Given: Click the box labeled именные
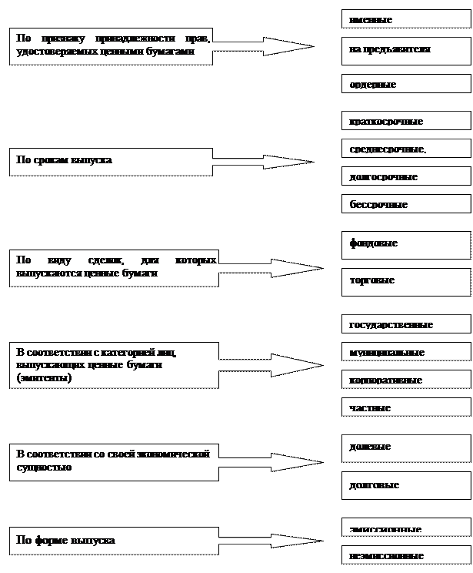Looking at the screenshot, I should pos(405,19).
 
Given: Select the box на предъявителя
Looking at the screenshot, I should pos(405,49).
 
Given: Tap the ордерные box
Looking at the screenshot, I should pos(405,84).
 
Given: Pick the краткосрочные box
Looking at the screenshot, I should pos(405,121).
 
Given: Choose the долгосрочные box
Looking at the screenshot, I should pos(405,176).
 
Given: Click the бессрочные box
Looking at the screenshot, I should pos(405,204).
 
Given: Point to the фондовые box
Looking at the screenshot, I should pos(405,244).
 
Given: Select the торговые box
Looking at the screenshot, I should pos(405,280).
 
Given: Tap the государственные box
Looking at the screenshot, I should pos(405,324).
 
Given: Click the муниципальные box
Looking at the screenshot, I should pos(405,352).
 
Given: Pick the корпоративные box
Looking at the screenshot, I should pos(405,380).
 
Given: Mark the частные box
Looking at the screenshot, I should pos(405,407).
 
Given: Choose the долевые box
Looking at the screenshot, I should pos(405,447).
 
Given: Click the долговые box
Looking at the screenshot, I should pos(405,486).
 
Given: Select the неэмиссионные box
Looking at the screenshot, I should pos(405,555).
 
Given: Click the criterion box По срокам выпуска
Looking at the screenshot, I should pos(111,161).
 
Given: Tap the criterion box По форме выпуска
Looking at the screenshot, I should pos(111,541).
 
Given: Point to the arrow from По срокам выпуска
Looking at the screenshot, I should pos(261,162).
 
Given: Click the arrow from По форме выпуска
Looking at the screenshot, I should pos(266,541).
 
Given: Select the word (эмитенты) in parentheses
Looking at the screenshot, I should pos(44,378).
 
